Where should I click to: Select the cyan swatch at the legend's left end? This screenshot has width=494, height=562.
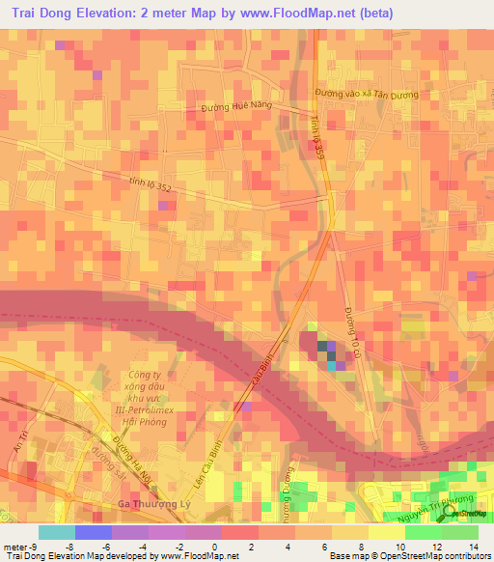pyautogui.click(x=56, y=532)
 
